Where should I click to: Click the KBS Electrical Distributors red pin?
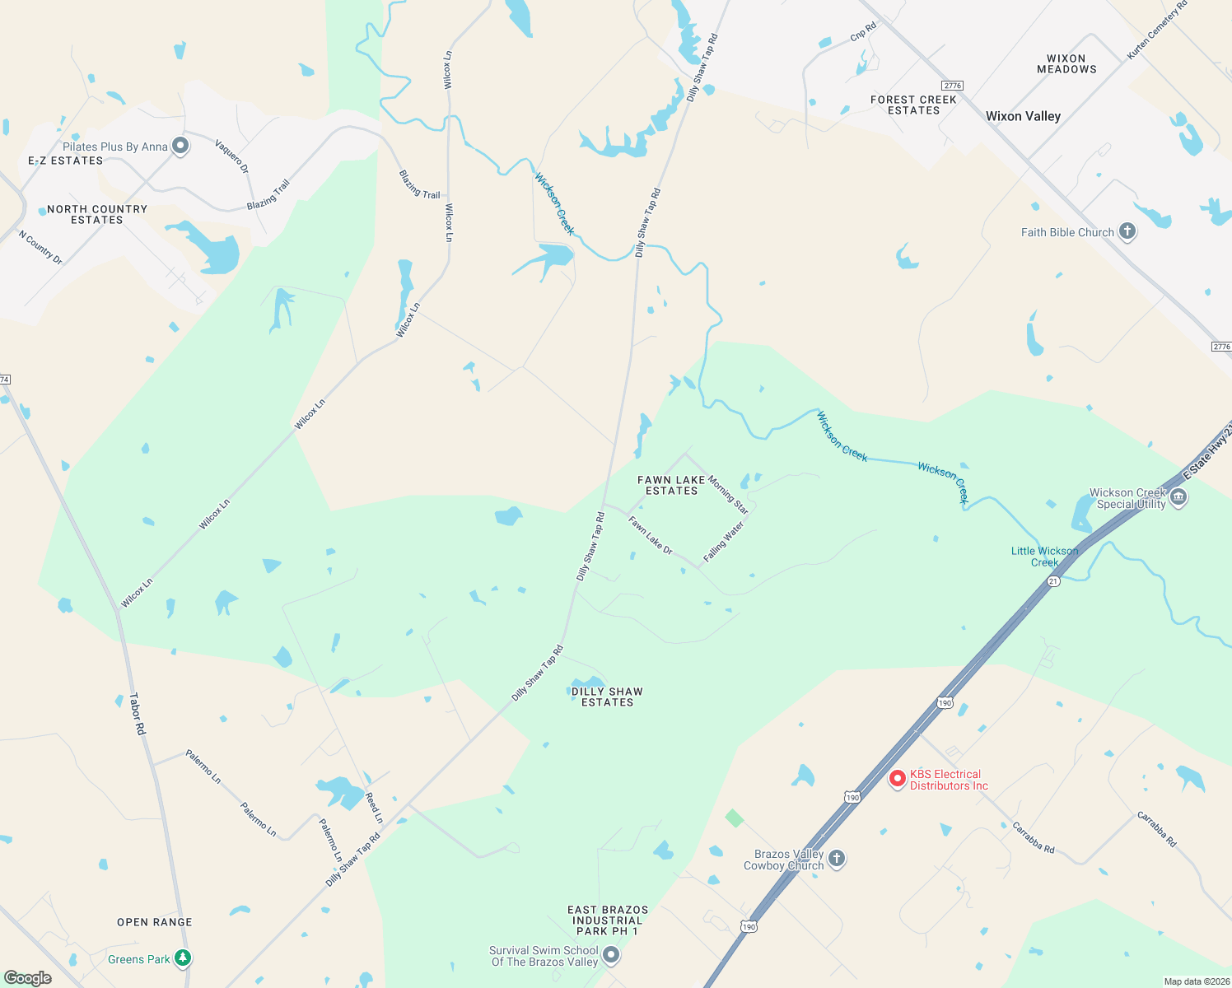898,778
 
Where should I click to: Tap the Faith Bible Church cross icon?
1127,231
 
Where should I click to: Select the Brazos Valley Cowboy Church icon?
837,859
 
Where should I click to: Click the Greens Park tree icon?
183,958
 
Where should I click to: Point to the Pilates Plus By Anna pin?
181,146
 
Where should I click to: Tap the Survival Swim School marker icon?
611,955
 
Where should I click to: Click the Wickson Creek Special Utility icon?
1178,497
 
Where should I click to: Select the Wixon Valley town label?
1023,116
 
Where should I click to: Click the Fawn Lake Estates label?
671,485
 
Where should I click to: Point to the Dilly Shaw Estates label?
607,697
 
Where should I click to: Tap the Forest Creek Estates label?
913,105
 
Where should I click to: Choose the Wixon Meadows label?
1066,64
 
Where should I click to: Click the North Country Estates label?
97,214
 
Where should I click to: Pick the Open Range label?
155,922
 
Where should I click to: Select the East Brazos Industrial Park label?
608,920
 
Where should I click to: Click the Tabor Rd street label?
138,714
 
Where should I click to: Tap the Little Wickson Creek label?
1044,557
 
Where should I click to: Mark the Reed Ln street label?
374,808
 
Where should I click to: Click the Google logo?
28,977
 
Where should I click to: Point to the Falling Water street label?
724,542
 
